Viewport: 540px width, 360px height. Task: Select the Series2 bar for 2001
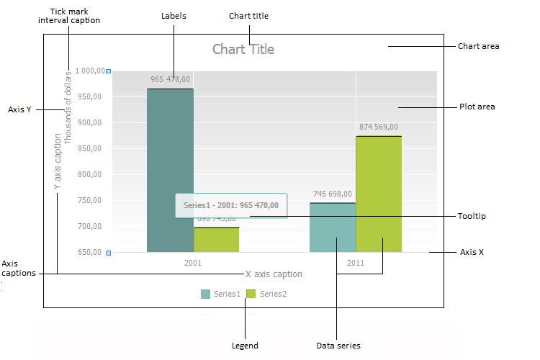click(217, 240)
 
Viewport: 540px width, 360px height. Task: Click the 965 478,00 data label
click(170, 79)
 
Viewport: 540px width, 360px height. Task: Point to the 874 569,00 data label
click(379, 127)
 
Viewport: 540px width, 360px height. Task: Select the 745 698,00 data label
click(333, 194)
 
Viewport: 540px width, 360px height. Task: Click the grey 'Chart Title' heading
click(243, 50)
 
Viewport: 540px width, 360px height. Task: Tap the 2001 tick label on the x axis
click(193, 263)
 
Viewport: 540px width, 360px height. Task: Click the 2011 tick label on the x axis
click(356, 263)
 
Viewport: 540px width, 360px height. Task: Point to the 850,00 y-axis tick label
click(90, 149)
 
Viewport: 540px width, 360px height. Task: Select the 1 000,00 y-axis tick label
click(87, 71)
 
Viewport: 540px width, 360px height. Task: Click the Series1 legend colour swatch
click(206, 294)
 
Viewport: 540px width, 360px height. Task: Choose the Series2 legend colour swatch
click(251, 294)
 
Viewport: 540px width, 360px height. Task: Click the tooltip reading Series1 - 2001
click(231, 205)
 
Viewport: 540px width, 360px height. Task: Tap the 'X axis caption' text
click(274, 274)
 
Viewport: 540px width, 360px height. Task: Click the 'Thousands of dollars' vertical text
click(68, 108)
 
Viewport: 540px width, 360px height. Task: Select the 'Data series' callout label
click(338, 346)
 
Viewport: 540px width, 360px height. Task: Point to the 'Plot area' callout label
click(477, 107)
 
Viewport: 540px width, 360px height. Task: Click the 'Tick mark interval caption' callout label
click(69, 16)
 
